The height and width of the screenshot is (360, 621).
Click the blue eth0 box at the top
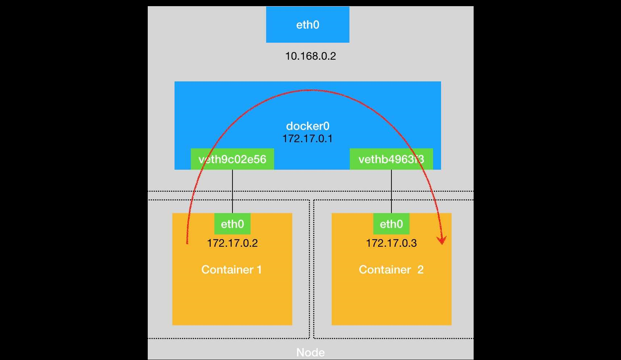pos(307,25)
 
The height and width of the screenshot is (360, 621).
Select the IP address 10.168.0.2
pos(310,56)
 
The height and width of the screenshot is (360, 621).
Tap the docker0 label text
pos(307,126)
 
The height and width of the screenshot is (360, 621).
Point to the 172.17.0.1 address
pos(307,139)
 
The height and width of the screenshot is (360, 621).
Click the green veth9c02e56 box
pos(232,159)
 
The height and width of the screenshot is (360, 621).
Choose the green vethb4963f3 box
pos(391,159)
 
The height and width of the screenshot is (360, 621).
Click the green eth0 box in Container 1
pos(232,224)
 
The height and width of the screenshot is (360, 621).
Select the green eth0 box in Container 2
pos(391,224)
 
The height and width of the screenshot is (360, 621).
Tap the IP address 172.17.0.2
pos(232,243)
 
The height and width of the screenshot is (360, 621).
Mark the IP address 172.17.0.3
pos(391,243)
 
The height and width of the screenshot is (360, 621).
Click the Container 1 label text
pos(231,270)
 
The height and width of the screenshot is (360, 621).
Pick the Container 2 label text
pos(391,270)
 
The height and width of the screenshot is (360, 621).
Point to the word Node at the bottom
pos(310,352)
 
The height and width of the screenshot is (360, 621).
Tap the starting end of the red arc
pos(187,243)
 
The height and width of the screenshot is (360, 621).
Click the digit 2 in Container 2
pos(420,270)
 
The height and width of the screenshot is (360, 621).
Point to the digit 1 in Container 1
pos(259,270)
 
